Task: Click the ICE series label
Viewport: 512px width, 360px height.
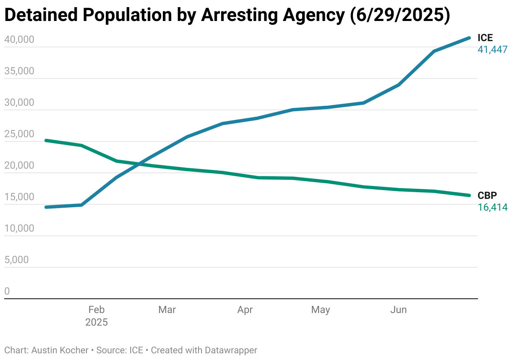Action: pyautogui.click(x=485, y=38)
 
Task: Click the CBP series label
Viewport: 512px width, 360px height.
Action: pyautogui.click(x=487, y=196)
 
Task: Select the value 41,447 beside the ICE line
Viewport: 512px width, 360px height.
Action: pyautogui.click(x=493, y=50)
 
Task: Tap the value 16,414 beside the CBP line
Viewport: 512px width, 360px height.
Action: pyautogui.click(x=493, y=207)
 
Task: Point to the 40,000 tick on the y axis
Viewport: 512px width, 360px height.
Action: pyautogui.click(x=19, y=40)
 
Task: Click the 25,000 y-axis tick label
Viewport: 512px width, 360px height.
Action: pyautogui.click(x=19, y=134)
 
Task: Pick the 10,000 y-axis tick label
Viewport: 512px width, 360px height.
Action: pyautogui.click(x=19, y=229)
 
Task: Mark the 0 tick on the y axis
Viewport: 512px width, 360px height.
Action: pyautogui.click(x=7, y=291)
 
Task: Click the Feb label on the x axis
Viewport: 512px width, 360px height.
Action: pyautogui.click(x=96, y=310)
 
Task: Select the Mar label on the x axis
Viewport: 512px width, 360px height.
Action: pyautogui.click(x=167, y=310)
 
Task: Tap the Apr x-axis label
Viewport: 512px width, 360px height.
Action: pyautogui.click(x=245, y=310)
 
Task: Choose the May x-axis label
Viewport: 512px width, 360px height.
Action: pyautogui.click(x=321, y=310)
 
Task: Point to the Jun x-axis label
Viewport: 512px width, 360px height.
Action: pyautogui.click(x=398, y=310)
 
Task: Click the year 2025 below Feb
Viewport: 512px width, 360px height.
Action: pyautogui.click(x=96, y=322)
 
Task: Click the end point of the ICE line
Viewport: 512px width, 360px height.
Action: pyautogui.click(x=469, y=38)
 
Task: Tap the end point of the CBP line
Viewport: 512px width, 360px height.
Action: pyautogui.click(x=469, y=195)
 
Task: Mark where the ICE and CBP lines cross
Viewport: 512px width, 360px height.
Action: pyautogui.click(x=138, y=164)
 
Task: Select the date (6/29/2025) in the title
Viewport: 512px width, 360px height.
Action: pyautogui.click(x=399, y=16)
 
